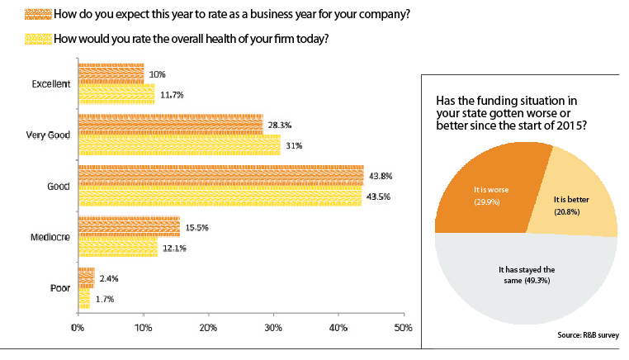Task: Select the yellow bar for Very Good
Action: (179, 144)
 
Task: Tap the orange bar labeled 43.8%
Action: (220, 176)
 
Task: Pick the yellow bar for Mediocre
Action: (117, 248)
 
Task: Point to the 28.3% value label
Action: (279, 126)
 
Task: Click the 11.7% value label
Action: (172, 95)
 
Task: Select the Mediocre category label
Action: (49, 238)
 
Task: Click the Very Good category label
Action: (46, 135)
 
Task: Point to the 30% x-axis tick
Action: (273, 329)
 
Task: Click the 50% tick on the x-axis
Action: (402, 329)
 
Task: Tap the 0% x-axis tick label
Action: (78, 329)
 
